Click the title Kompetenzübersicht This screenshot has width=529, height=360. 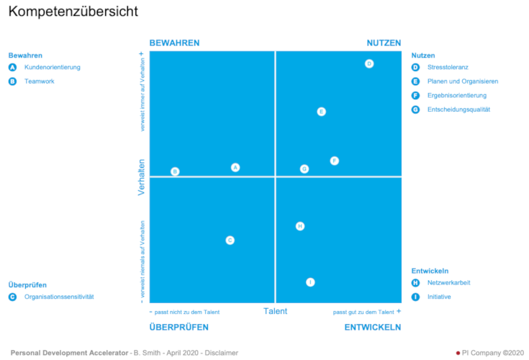click(73, 12)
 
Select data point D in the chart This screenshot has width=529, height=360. click(369, 64)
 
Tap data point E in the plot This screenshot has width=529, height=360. click(321, 112)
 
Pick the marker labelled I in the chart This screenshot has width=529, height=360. click(310, 282)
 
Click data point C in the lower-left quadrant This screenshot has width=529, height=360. click(230, 240)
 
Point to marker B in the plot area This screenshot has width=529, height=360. click(175, 171)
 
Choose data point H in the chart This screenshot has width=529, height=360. click(300, 226)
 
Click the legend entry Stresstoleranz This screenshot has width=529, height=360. click(448, 67)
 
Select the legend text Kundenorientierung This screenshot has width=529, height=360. click(53, 67)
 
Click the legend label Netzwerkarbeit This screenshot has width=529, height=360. click(448, 283)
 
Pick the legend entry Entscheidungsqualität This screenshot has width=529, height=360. click(458, 109)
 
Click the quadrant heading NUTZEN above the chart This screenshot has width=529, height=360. click(384, 43)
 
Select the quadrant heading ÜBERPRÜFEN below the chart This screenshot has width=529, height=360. click(178, 328)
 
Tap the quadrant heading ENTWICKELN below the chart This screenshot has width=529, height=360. click(372, 328)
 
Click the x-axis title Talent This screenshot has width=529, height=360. click(275, 312)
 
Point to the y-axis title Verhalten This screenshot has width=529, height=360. click(142, 177)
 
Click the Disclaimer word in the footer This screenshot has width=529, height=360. click(221, 353)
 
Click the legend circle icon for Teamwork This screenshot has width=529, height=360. click(12, 81)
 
